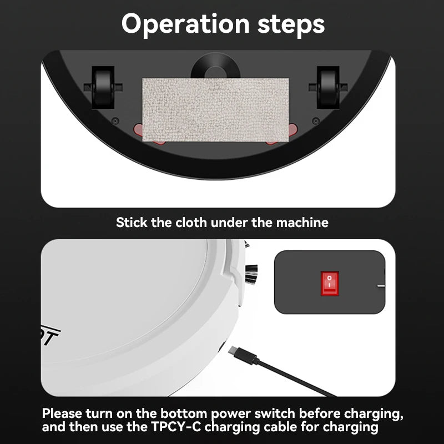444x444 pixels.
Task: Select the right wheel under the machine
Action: [x=327, y=87]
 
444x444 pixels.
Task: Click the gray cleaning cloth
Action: [x=216, y=109]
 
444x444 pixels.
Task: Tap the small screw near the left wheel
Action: [x=115, y=120]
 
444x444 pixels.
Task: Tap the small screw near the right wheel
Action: [x=315, y=120]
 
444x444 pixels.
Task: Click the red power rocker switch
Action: [x=329, y=282]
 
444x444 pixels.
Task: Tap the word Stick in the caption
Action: [x=131, y=223]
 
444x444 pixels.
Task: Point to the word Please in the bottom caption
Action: [x=64, y=414]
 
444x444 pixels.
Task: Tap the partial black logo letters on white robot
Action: [x=50, y=336]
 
